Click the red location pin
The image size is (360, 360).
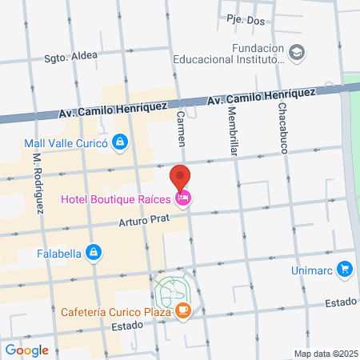181,177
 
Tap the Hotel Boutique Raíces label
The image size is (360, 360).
117,199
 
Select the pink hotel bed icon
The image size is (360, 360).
183,199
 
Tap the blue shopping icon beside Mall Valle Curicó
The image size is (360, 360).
119,143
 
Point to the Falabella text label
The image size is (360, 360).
59,254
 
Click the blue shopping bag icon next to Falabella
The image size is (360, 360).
94,253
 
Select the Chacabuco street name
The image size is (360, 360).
283,129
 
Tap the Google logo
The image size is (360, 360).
27,350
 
